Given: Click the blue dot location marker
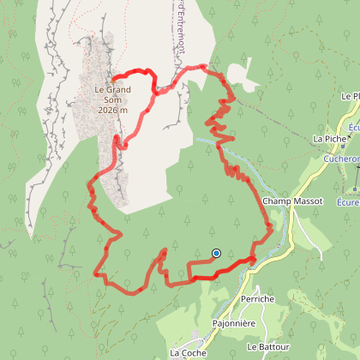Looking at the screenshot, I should tap(216, 253).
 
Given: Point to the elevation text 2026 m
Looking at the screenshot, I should tap(112, 110).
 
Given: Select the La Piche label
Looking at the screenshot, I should tap(329, 138).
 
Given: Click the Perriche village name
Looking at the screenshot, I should tap(257, 298).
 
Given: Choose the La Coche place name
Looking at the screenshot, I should tap(188, 351).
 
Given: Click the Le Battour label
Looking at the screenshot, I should tap(265, 347).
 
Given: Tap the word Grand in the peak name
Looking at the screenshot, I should tap(117, 88).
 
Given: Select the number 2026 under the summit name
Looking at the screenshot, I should tap(108, 110).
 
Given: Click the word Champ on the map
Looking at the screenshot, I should tap(273, 201).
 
